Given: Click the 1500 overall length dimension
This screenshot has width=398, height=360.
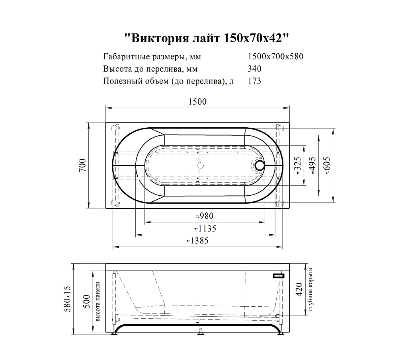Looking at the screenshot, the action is [x=197, y=102].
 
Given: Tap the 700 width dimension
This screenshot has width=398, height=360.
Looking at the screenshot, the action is [x=82, y=165].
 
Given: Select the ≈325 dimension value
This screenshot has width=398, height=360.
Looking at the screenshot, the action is [x=297, y=165].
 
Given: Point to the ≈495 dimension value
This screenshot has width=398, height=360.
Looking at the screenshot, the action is [x=312, y=165].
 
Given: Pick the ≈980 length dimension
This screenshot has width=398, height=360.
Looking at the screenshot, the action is [x=205, y=216].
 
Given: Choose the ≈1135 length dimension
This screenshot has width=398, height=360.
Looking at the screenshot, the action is [x=205, y=229].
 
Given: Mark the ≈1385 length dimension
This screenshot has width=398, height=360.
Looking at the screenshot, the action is [x=197, y=241].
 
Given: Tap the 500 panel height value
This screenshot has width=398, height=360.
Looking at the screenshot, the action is [x=86, y=302].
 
